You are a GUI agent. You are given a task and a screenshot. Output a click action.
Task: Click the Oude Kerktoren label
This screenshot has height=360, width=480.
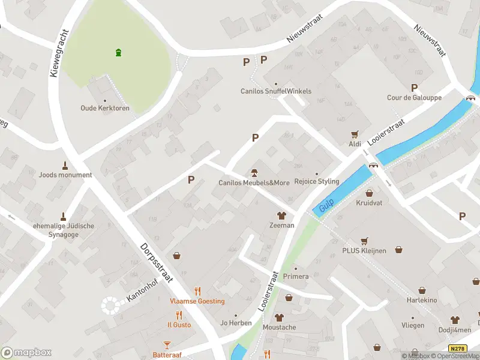click(105, 109)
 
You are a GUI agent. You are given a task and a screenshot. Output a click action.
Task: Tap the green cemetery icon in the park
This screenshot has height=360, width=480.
click(119, 52)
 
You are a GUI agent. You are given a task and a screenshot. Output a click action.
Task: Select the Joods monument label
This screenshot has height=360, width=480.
click(65, 175)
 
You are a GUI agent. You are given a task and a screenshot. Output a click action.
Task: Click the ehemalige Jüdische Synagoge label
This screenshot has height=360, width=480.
click(63, 230)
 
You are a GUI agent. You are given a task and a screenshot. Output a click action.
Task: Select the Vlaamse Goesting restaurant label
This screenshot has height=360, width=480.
click(197, 301)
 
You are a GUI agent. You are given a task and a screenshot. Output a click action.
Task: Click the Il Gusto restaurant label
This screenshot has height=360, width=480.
click(179, 325)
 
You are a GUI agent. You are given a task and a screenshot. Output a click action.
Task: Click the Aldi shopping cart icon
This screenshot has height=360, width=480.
click(355, 134)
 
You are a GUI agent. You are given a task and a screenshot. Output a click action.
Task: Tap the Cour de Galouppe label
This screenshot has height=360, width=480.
click(414, 98)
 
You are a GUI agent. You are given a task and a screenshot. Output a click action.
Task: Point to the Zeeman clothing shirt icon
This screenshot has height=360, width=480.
click(280, 215)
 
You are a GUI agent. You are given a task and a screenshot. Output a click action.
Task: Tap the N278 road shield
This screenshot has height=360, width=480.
click(457, 349)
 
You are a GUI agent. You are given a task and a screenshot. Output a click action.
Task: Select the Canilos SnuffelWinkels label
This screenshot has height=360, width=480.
click(276, 91)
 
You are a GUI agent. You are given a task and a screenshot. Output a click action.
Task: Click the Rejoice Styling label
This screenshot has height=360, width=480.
click(317, 181)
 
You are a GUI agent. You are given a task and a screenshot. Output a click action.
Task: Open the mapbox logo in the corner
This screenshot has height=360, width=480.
click(26, 352)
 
